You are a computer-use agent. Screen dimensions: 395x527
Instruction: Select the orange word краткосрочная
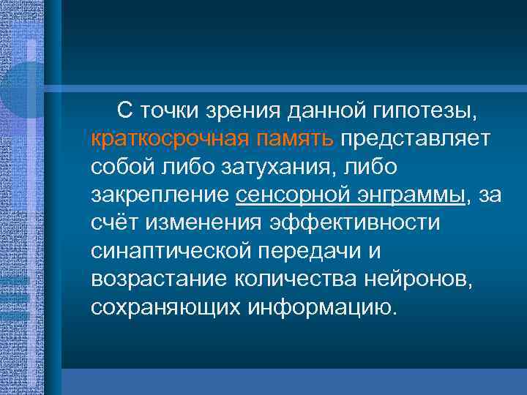coord(162,139)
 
